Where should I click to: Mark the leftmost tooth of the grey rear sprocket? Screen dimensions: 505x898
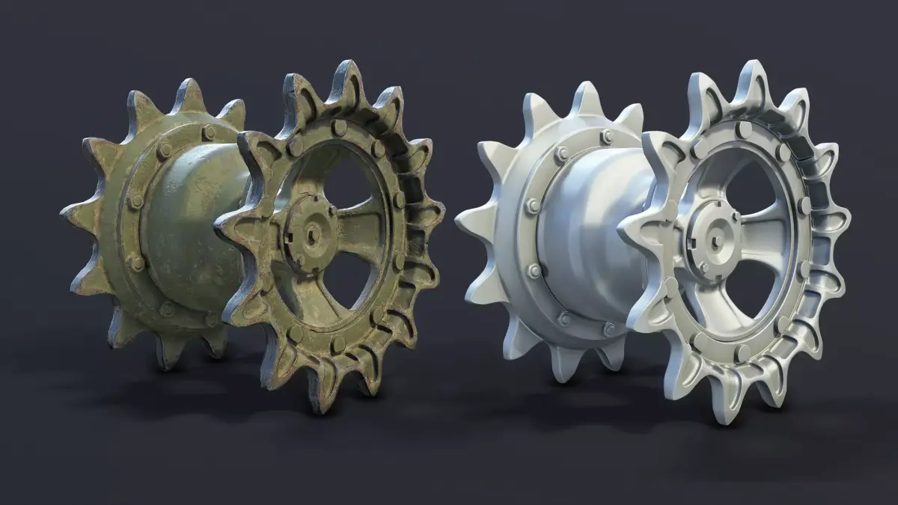pos(465,222)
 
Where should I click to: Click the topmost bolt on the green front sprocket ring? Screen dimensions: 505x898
pos(339,128)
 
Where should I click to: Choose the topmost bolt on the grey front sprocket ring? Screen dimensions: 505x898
pos(744,129)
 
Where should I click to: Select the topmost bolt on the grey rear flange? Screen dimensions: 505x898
pos(607,137)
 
